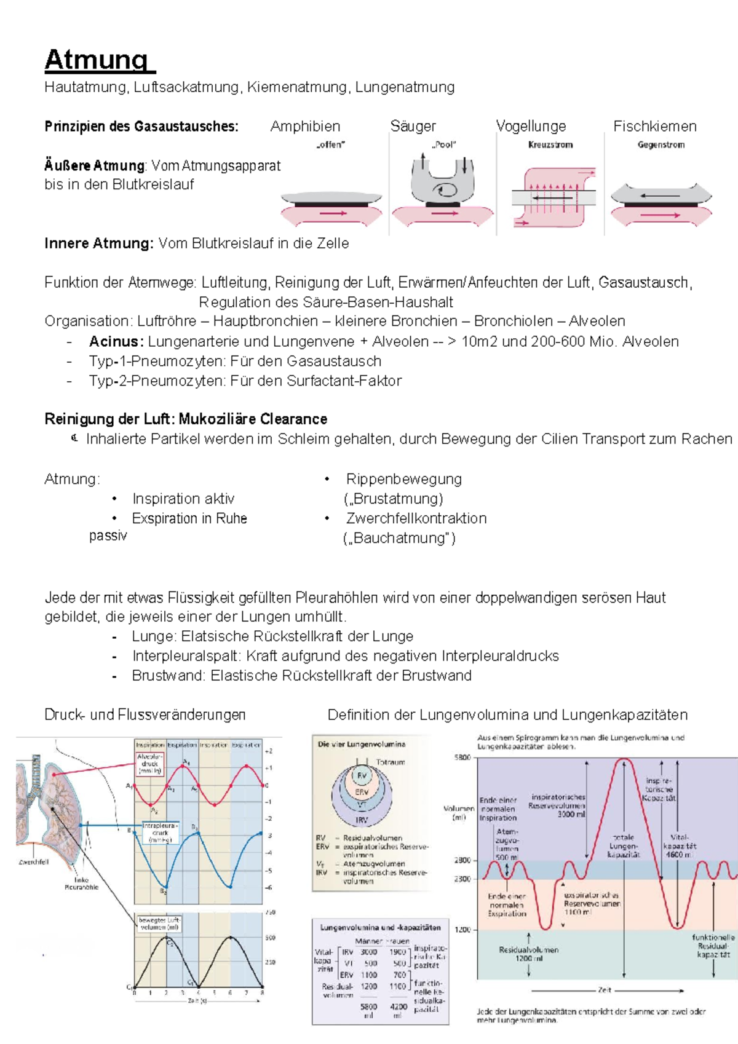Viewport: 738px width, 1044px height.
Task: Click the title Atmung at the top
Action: tap(97, 60)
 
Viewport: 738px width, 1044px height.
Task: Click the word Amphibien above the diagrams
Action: tap(305, 127)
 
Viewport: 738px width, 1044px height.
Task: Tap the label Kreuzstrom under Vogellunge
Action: tap(550, 145)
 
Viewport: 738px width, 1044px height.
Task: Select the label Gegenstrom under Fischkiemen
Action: tap(661, 145)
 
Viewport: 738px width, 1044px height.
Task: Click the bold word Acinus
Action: tap(116, 342)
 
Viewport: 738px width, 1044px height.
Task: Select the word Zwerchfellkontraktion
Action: tap(416, 518)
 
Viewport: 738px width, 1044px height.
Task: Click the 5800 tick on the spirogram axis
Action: tap(462, 757)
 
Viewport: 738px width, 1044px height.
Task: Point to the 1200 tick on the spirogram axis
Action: tap(462, 930)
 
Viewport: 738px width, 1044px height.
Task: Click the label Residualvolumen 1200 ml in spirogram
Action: tap(529, 954)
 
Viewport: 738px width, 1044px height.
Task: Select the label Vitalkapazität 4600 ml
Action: tap(679, 846)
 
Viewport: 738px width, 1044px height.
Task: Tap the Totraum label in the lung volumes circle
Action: tap(391, 762)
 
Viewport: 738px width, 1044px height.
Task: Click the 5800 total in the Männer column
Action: tap(369, 1006)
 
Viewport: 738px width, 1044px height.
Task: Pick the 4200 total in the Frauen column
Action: tap(399, 1006)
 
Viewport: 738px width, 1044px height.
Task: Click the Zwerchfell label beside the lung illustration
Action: tap(33, 862)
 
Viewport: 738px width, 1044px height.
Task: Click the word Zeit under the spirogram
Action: tap(605, 990)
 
